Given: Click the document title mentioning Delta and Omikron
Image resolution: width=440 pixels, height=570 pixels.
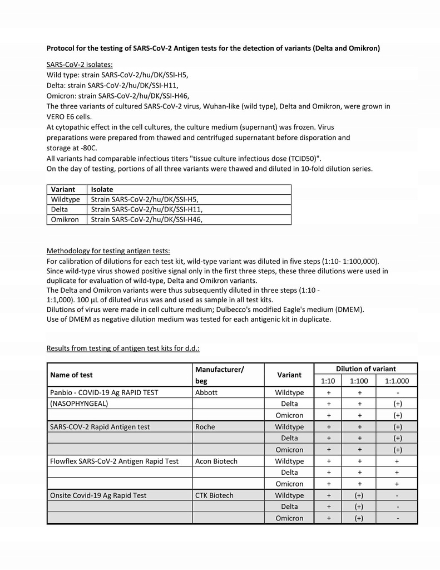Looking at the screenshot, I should (213, 48).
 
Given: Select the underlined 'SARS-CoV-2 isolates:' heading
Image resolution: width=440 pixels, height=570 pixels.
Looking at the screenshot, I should (80, 65).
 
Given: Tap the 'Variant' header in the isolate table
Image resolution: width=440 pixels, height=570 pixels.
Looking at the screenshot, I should (63, 190).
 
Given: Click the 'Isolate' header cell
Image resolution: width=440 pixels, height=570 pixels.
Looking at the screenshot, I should (102, 190).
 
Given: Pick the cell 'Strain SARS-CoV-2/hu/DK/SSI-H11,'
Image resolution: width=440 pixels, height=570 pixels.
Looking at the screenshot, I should (147, 209).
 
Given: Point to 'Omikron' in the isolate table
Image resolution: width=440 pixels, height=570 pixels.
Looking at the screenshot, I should (65, 219).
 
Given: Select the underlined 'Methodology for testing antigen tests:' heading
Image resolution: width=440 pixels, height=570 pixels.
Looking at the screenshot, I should (108, 250).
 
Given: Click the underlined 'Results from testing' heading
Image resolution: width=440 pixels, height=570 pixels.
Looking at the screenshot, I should (123, 348).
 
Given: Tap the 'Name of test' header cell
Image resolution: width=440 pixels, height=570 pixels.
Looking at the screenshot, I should (71, 375).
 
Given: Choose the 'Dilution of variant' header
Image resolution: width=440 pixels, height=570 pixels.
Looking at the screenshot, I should (365, 368).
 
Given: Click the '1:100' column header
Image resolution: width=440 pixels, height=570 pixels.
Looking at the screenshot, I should (360, 381).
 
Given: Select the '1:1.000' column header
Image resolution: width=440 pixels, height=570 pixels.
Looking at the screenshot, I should (397, 381).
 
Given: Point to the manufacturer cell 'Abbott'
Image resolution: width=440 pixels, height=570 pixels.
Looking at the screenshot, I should (206, 392).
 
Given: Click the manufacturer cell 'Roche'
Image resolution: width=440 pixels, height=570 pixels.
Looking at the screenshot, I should (205, 427).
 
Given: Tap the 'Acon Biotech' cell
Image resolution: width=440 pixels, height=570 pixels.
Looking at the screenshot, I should (216, 461).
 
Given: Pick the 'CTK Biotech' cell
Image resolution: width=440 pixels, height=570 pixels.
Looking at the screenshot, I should (214, 495).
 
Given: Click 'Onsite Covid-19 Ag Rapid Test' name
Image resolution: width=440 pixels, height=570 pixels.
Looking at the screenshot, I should (98, 495).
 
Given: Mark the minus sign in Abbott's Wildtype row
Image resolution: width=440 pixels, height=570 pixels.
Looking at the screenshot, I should (397, 392).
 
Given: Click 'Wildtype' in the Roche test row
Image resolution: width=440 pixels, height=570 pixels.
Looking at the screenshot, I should (289, 427).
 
